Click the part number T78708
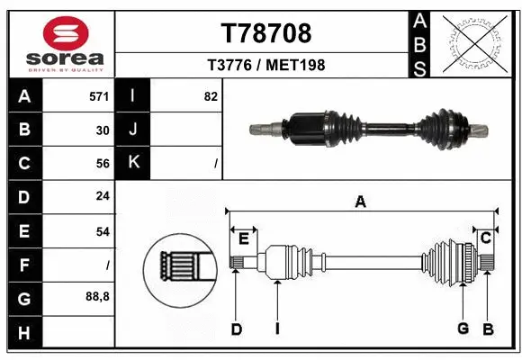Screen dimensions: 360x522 click(266, 33)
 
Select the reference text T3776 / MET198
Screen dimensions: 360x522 click(266, 65)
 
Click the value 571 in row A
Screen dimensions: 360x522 click(100, 96)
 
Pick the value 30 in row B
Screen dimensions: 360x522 click(103, 130)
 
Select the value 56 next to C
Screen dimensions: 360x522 click(103, 164)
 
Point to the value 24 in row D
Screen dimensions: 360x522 click(103, 197)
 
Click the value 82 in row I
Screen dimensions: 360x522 click(211, 96)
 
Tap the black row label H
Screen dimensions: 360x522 click(24, 332)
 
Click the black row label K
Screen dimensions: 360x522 click(134, 164)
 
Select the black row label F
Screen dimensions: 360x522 click(24, 265)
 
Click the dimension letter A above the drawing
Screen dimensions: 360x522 click(360, 202)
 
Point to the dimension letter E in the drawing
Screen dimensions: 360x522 click(243, 238)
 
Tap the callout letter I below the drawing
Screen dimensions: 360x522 click(277, 329)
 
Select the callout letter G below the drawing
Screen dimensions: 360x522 click(463, 328)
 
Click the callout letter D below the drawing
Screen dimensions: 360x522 click(236, 329)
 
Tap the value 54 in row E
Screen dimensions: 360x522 click(103, 231)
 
